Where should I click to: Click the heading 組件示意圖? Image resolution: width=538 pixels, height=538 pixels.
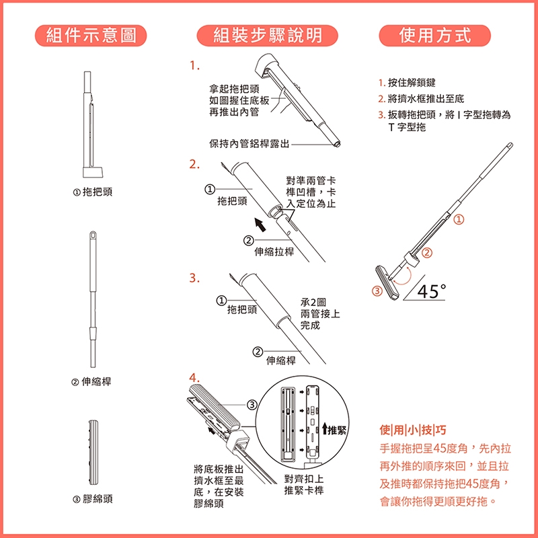click(x=91, y=36)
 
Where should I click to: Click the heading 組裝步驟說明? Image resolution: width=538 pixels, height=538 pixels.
click(x=268, y=36)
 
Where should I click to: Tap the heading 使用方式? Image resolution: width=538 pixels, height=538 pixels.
click(x=434, y=36)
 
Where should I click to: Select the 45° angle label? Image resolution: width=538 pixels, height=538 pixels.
click(x=432, y=291)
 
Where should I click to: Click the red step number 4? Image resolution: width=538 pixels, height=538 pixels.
click(x=194, y=378)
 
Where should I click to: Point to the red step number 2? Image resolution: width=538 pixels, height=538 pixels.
click(x=194, y=164)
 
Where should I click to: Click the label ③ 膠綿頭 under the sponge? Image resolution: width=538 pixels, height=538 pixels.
click(x=93, y=499)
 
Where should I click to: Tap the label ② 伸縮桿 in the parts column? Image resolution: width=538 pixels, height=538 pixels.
click(x=92, y=381)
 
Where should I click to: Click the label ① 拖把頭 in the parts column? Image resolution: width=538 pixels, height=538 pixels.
click(x=93, y=192)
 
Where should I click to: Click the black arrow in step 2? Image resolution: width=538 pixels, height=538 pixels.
click(x=260, y=225)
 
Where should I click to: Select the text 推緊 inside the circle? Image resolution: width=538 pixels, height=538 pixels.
click(x=337, y=430)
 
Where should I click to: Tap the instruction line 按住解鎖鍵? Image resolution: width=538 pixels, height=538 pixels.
click(x=407, y=83)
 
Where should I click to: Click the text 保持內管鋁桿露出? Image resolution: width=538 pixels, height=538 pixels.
click(x=249, y=144)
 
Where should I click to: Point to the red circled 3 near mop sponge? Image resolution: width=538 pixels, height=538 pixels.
click(x=377, y=291)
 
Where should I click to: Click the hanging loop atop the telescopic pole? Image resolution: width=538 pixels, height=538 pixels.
click(x=93, y=236)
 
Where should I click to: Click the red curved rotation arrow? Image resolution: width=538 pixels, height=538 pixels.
click(x=402, y=277)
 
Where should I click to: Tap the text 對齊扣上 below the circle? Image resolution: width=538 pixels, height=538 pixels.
click(x=304, y=479)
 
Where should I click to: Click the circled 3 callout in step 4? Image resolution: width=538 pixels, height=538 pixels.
click(x=252, y=405)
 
